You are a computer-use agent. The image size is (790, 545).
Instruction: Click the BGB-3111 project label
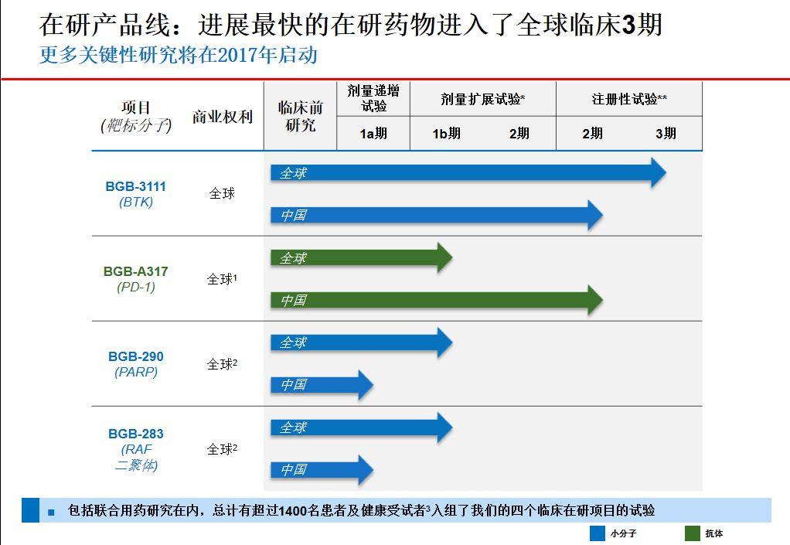pyautogui.click(x=135, y=186)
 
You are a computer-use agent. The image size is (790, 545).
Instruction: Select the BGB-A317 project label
pyautogui.click(x=135, y=271)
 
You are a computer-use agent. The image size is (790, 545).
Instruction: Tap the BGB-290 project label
pyautogui.click(x=135, y=356)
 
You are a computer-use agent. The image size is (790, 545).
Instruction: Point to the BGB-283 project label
pyautogui.click(x=135, y=434)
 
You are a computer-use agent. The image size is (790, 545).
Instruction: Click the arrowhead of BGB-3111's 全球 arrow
pyautogui.click(x=657, y=173)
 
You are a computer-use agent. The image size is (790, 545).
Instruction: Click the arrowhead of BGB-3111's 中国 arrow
pyautogui.click(x=594, y=215)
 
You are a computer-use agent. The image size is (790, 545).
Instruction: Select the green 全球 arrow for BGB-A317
pyautogui.click(x=359, y=257)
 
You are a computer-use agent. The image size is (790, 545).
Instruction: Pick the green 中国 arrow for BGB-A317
pyautogui.click(x=433, y=300)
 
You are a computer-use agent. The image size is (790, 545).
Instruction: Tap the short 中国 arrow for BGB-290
pyautogui.click(x=321, y=384)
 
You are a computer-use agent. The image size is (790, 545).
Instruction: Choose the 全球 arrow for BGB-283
pyautogui.click(x=359, y=427)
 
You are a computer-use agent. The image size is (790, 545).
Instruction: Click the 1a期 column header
pyautogui.click(x=373, y=134)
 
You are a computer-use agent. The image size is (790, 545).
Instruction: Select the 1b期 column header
pyautogui.click(x=446, y=134)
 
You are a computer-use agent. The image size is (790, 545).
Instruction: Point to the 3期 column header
pyautogui.click(x=666, y=134)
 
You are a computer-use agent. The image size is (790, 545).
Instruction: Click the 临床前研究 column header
pyautogui.click(x=300, y=116)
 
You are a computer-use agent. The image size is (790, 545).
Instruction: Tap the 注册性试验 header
pyautogui.click(x=629, y=99)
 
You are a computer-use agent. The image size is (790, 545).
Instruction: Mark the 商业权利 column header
pyautogui.click(x=223, y=117)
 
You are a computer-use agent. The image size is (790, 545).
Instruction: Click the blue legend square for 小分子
pyautogui.click(x=597, y=533)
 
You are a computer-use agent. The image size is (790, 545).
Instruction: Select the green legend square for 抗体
pyautogui.click(x=692, y=533)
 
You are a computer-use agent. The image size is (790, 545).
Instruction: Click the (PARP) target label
pyautogui.click(x=135, y=372)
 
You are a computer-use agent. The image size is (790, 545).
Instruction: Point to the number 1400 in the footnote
pyautogui.click(x=293, y=510)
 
